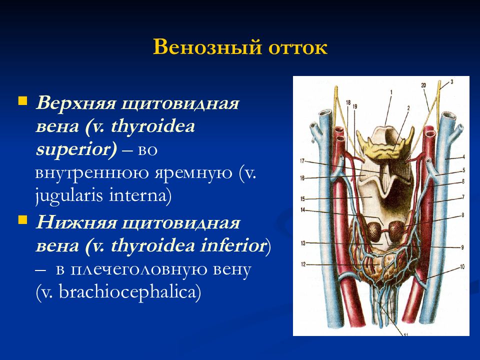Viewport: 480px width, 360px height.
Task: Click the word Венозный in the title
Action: [x=207, y=47]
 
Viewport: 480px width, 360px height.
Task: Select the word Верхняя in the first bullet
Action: [x=76, y=103]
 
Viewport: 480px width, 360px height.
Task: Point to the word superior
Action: [x=76, y=149]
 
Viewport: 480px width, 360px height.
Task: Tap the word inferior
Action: [x=232, y=245]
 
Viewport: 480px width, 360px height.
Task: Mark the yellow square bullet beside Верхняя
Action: [x=22, y=101]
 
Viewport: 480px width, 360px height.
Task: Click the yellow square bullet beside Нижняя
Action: [x=22, y=220]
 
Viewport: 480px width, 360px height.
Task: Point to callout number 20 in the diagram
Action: [x=423, y=85]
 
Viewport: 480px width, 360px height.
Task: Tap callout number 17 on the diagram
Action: [x=302, y=161]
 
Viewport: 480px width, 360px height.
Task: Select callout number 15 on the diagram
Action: [x=302, y=199]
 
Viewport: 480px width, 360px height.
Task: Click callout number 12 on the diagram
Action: [x=303, y=264]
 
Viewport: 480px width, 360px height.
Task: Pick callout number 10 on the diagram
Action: [x=462, y=266]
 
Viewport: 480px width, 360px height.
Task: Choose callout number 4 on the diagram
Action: [x=464, y=157]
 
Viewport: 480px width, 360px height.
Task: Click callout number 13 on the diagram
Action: [x=303, y=243]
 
